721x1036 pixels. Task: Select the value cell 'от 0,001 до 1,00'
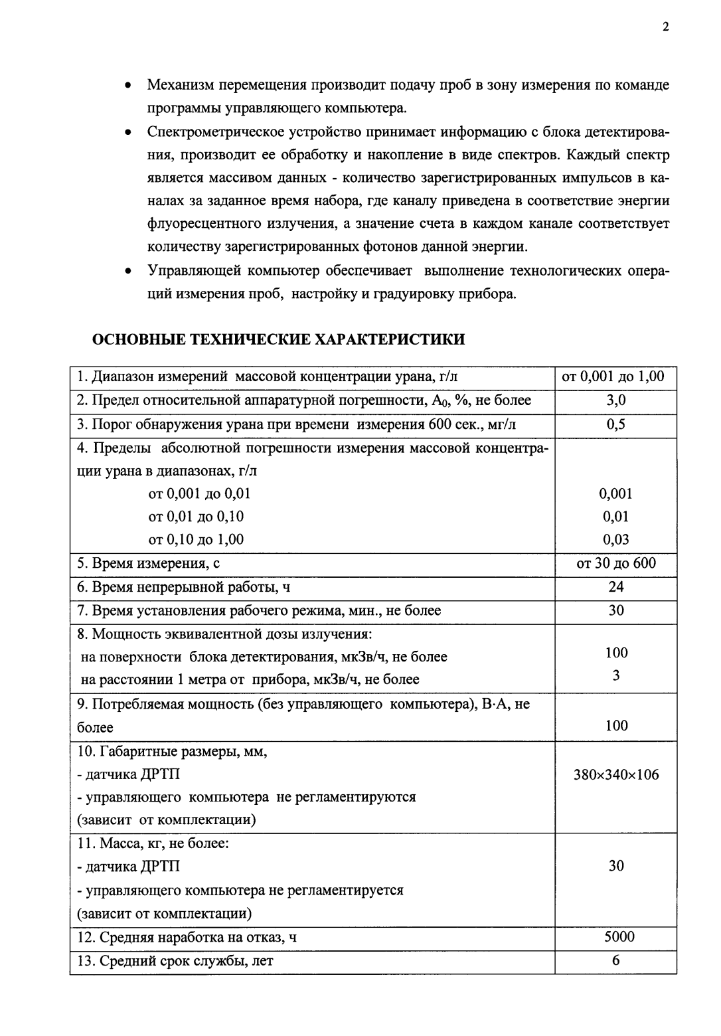point(613,377)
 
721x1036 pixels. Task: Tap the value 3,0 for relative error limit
point(615,400)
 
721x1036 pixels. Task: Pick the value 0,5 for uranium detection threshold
point(615,424)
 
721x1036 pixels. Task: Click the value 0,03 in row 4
point(615,539)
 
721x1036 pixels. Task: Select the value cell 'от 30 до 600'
point(615,563)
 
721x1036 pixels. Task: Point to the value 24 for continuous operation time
point(615,586)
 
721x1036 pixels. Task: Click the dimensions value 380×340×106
point(615,774)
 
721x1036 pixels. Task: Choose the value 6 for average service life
point(615,960)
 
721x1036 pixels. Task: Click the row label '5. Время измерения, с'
point(148,564)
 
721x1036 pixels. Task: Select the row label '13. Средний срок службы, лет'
point(175,961)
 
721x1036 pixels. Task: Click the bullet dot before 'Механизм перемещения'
point(127,86)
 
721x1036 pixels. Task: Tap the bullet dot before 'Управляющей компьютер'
point(127,272)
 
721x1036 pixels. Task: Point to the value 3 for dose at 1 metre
point(615,675)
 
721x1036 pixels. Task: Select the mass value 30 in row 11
point(615,866)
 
